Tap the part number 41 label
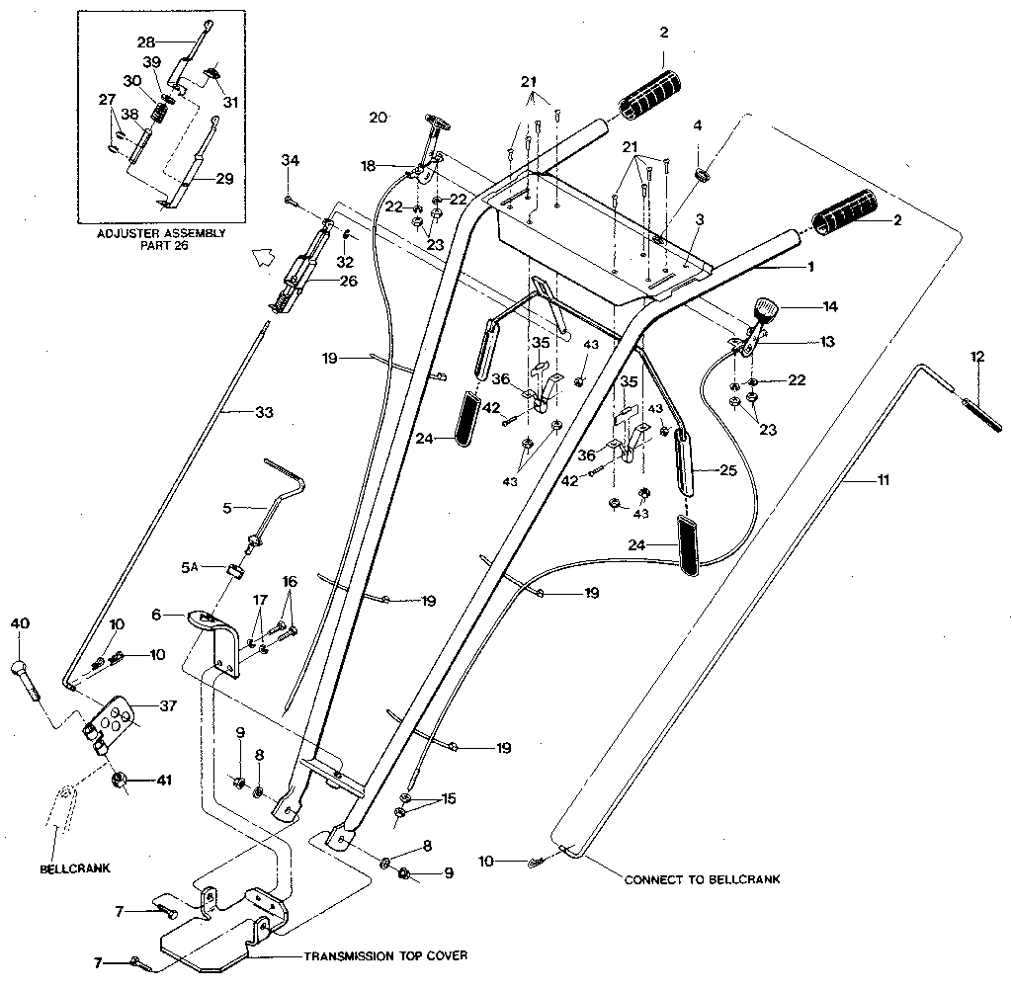(x=165, y=781)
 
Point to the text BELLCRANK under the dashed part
(x=75, y=869)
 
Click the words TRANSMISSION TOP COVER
(x=385, y=956)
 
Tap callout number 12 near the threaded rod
(x=977, y=357)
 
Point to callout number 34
(x=290, y=160)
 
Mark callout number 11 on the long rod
(x=883, y=480)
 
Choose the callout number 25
(x=728, y=470)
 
